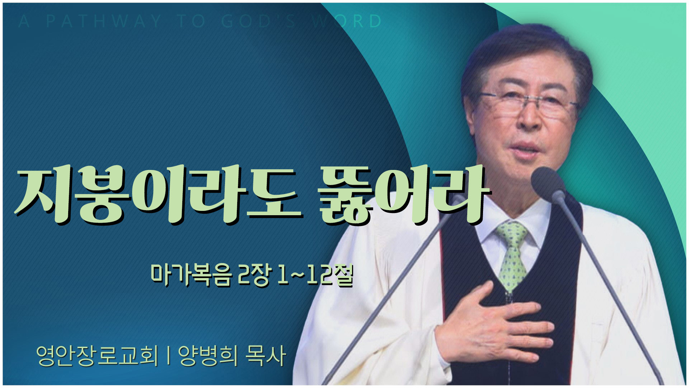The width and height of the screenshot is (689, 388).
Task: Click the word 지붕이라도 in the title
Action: click(158, 194)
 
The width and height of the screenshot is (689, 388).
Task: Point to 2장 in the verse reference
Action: click(253, 276)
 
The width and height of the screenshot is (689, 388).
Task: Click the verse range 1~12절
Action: click(315, 276)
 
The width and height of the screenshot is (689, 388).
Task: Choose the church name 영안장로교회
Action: click(97, 356)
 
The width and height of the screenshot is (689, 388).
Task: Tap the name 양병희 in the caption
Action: click(208, 356)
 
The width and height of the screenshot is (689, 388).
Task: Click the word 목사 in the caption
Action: click(266, 356)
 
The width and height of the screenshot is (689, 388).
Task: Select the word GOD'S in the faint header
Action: click(258, 22)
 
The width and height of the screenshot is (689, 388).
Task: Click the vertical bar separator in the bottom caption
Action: click(168, 356)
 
